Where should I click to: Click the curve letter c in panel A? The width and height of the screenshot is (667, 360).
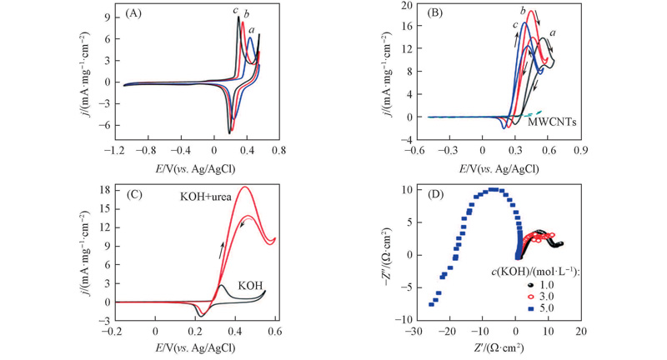tap(236, 9)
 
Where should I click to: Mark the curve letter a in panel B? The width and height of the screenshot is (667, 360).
tap(553, 32)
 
